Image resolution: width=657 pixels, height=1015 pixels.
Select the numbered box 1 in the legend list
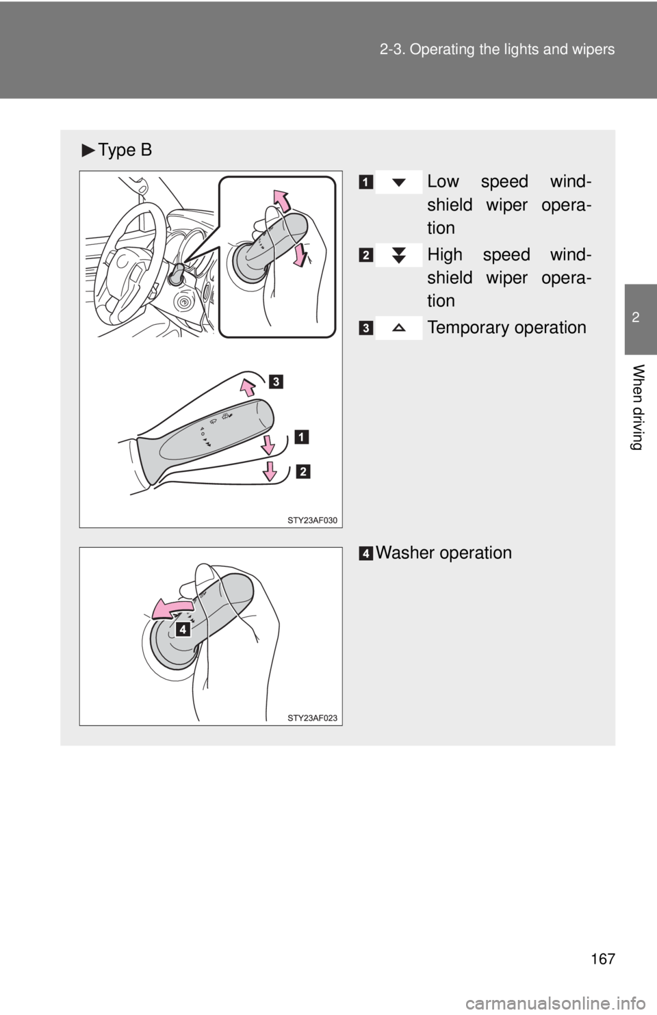point(368,182)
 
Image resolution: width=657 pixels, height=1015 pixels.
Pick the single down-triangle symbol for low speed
point(399,183)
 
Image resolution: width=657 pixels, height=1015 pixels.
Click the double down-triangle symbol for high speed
point(399,255)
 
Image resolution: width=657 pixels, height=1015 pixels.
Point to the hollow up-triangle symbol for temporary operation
point(399,328)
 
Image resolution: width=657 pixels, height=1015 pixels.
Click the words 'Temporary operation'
point(506,328)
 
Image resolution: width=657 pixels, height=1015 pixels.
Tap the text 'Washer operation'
point(443,552)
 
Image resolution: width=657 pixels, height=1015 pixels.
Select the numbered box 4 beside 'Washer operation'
point(368,553)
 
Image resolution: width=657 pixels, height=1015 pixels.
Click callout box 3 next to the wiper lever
point(275,381)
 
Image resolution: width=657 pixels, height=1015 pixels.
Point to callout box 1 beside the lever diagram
point(302,436)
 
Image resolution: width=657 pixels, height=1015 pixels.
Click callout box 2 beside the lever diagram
point(303,471)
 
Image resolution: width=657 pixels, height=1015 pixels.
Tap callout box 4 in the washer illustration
point(182,629)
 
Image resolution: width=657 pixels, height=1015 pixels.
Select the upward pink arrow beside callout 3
point(248,388)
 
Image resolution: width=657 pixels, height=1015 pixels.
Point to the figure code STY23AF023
point(312,717)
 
